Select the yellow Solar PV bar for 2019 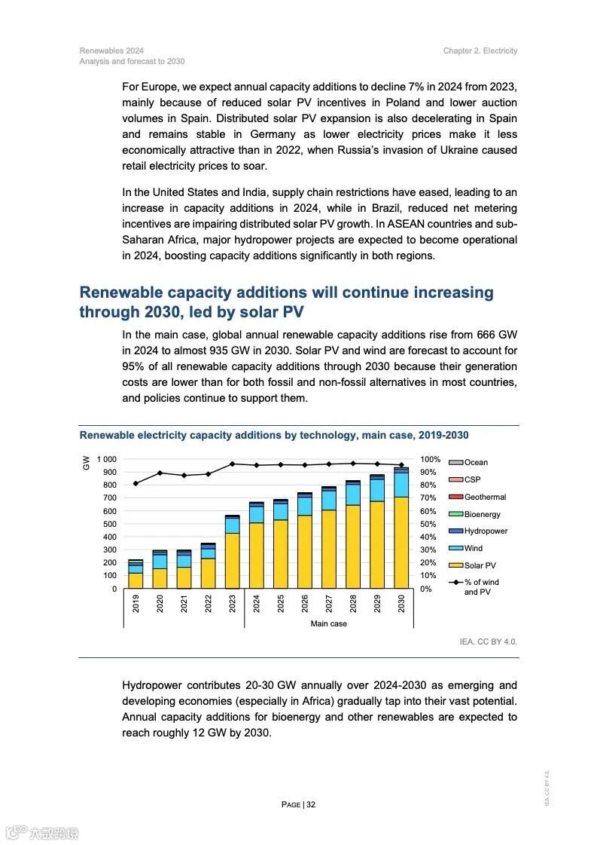click(136, 580)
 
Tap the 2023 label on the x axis click(233, 604)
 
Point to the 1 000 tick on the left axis click(106, 459)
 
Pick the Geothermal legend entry click(485, 497)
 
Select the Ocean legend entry click(476, 462)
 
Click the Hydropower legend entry click(486, 531)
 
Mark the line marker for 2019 click(136, 483)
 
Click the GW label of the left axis click(86, 463)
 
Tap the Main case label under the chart click(329, 624)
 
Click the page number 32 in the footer click(311, 804)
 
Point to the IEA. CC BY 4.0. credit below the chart click(489, 641)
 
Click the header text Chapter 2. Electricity click(480, 51)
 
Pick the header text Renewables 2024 click(111, 51)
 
